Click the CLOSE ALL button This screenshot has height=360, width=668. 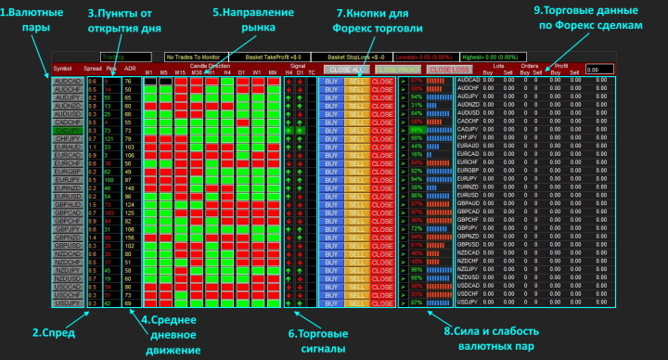[x=346, y=70]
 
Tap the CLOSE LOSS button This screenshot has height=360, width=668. [x=449, y=70]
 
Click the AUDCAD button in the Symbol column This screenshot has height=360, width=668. [x=67, y=81]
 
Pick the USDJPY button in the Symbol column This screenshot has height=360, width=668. [x=67, y=302]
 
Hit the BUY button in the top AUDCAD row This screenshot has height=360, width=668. [x=331, y=81]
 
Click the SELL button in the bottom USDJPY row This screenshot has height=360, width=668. [x=357, y=302]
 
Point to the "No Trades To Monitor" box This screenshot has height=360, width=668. [x=199, y=56]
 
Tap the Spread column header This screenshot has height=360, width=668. [x=93, y=69]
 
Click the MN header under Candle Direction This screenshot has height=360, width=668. [x=273, y=72]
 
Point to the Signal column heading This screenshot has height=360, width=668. [x=297, y=66]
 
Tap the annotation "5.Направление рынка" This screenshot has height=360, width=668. [x=246, y=21]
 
